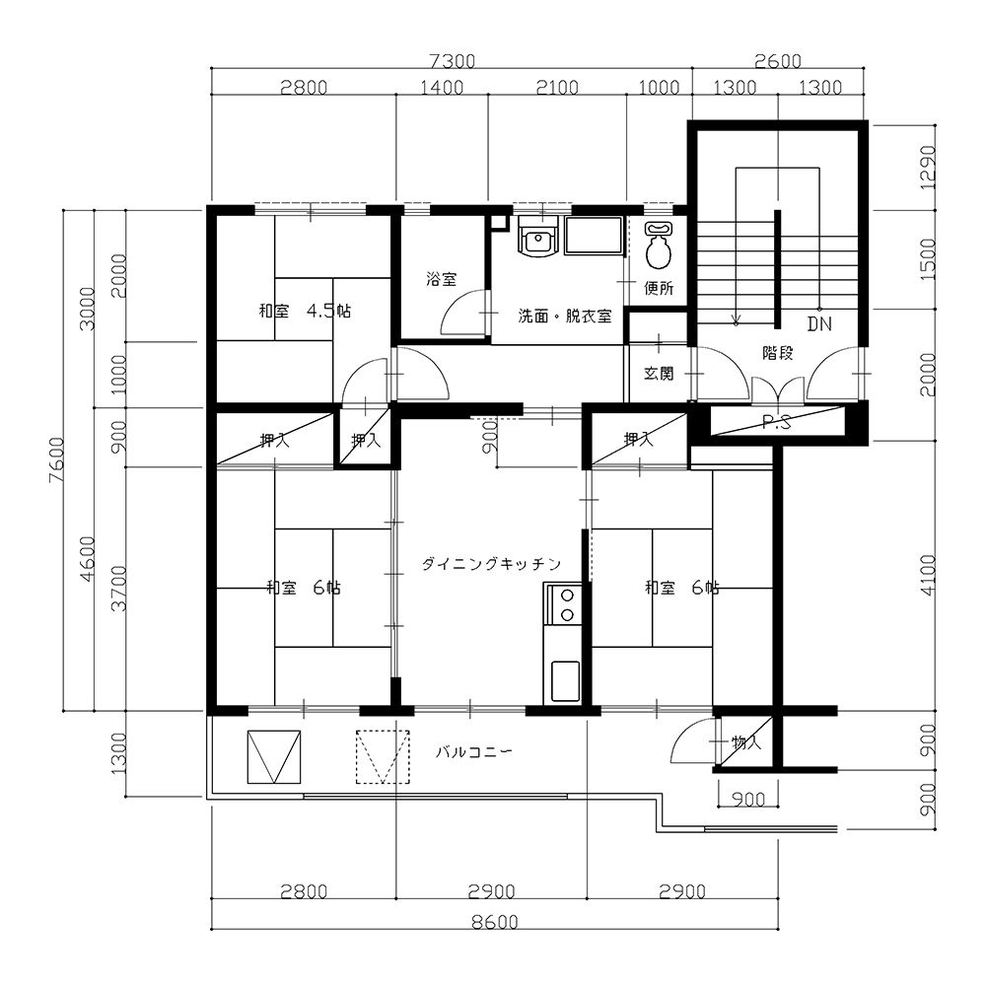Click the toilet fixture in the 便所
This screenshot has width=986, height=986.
coord(659,245)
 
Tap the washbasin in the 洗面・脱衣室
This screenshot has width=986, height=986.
coord(537,237)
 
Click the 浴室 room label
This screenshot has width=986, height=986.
coord(441,279)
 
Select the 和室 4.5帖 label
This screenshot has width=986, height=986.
coord(305,311)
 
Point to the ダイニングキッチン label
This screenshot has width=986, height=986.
coord(491,564)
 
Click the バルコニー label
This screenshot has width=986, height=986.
coord(474,751)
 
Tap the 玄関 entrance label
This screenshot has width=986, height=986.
coord(659,374)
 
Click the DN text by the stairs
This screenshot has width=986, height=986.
coord(819,323)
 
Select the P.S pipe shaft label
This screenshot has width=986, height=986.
coord(777,423)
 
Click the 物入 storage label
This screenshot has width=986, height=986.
coord(746,742)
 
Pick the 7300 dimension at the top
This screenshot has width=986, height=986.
coord(452,61)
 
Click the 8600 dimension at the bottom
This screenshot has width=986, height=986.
coord(495,922)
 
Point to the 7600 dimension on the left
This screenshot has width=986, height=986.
coord(56,459)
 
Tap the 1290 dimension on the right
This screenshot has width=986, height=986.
coord(928,168)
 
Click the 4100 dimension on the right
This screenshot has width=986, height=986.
coord(928,576)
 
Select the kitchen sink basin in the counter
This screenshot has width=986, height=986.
coord(565,680)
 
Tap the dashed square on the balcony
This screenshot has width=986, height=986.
coord(383,756)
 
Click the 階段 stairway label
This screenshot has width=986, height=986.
coord(777,353)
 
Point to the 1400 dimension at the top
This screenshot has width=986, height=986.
coord(442,87)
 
